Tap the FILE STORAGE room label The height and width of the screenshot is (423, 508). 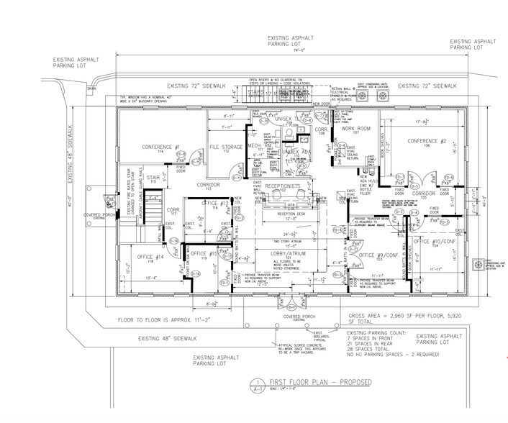(224, 147)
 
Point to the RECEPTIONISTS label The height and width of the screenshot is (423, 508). (286, 186)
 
